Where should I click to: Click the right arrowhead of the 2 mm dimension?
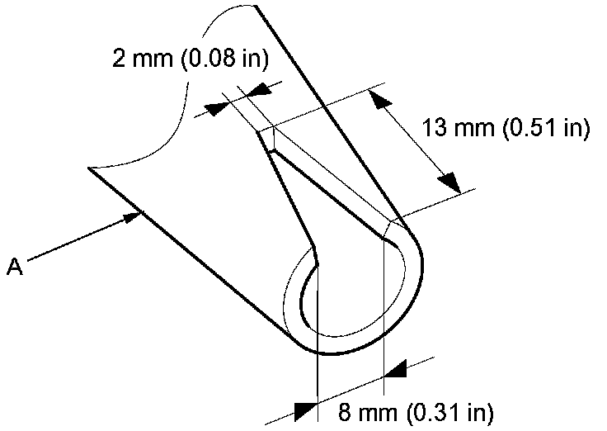[262, 89]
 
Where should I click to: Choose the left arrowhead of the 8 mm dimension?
[305, 409]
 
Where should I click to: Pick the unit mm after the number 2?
[145, 59]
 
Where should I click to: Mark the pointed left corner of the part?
[90, 169]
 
